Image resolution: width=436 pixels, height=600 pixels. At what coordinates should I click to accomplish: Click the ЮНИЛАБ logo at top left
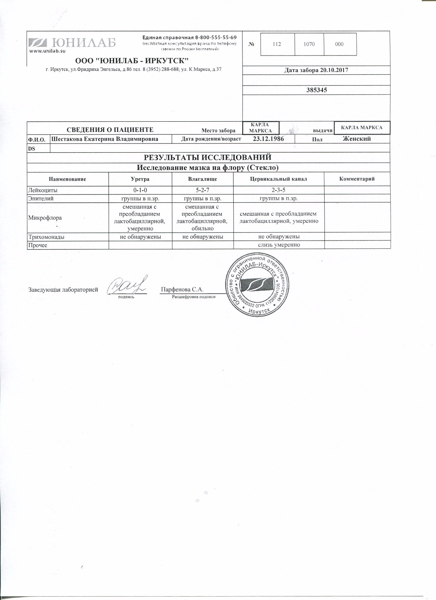72,43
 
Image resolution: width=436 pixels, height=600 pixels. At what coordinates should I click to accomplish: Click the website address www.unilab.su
47,51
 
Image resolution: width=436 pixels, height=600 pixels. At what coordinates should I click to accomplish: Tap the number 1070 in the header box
309,44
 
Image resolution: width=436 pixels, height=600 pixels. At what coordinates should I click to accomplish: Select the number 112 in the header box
277,44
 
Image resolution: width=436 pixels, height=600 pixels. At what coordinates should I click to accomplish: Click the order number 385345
316,90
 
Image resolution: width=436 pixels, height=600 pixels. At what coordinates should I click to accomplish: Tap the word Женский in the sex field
357,139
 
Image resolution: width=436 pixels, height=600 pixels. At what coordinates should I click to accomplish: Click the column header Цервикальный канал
279,179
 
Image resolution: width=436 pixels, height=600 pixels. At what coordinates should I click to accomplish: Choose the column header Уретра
140,179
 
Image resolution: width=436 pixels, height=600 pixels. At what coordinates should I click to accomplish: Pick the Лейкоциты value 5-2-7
203,190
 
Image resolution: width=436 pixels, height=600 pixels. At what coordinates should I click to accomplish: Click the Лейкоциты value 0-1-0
140,190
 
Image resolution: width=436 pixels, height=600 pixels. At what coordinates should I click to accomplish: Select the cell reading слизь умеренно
279,245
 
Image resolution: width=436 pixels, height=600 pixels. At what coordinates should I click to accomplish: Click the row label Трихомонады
46,237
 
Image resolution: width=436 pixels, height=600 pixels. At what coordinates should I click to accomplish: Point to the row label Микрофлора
45,218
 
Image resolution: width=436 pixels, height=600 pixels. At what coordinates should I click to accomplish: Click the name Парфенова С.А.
182,290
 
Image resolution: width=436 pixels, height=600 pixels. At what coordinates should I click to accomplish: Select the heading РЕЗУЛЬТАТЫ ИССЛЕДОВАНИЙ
208,157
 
